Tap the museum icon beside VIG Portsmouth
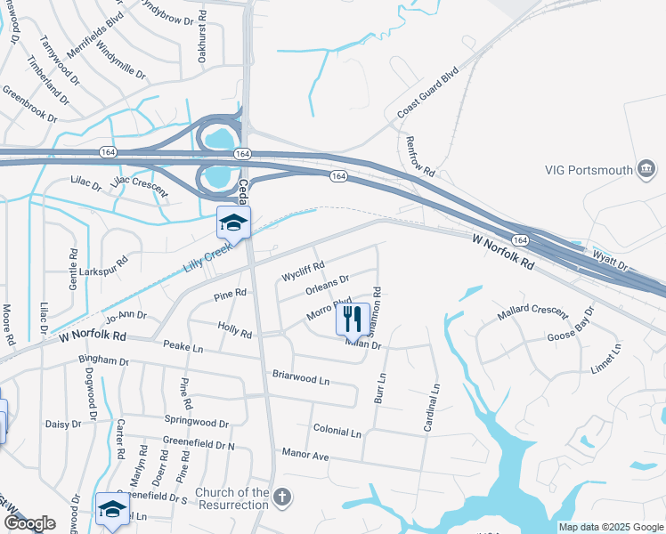(646, 169)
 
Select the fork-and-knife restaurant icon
(353, 318)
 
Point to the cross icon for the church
(282, 498)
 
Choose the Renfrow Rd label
(419, 156)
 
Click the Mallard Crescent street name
(532, 311)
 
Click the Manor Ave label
(305, 456)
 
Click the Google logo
(28, 523)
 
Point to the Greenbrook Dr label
(29, 104)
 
